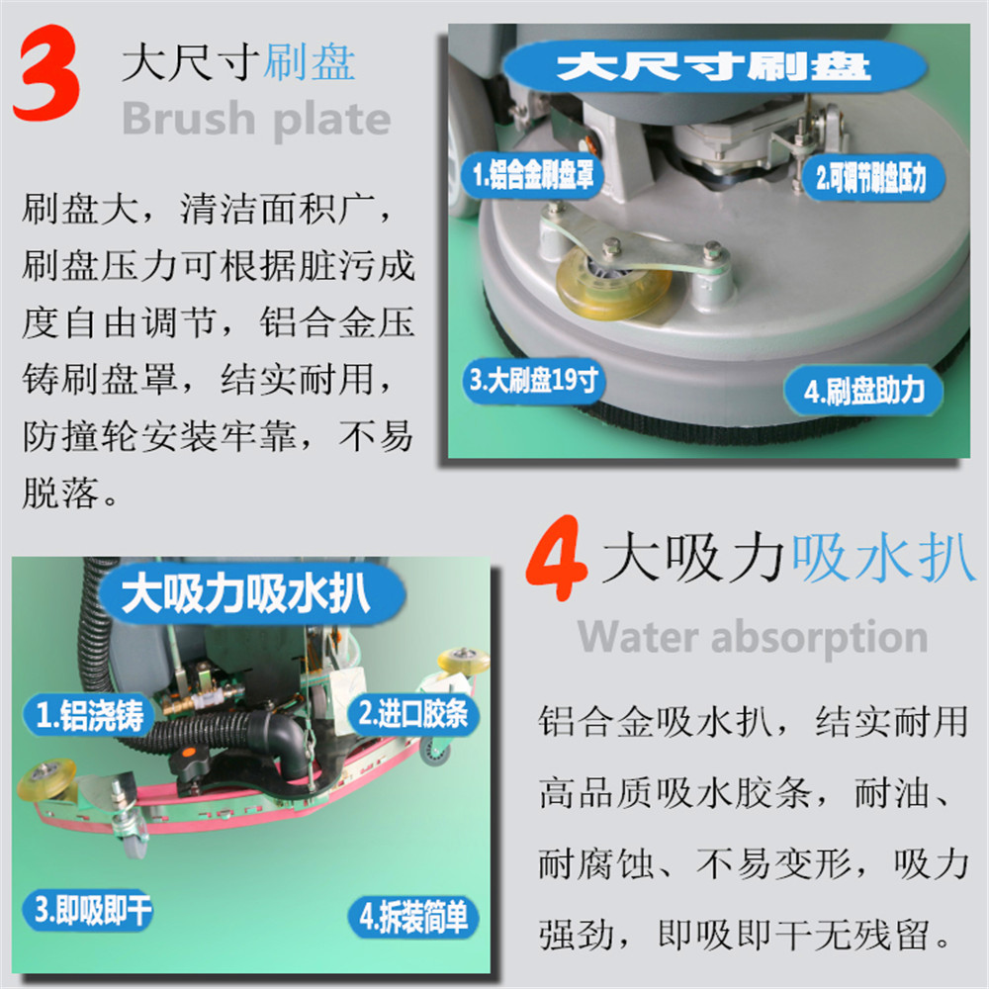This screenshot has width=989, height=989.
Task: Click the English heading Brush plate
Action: pos(256,118)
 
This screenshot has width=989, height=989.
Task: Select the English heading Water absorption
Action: pos(753,637)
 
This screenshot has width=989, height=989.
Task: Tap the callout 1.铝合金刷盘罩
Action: pos(534,174)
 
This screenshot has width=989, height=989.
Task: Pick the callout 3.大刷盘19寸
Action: pos(534,381)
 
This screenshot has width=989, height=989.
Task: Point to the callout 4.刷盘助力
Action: pos(863,391)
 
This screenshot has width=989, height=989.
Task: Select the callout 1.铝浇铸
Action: pos(89,715)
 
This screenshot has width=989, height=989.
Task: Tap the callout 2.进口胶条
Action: pos(413,715)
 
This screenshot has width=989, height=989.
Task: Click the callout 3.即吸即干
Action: pos(88,910)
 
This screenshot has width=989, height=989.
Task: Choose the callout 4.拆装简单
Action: pos(413,917)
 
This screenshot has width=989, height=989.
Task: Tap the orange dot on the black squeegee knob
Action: pos(189,752)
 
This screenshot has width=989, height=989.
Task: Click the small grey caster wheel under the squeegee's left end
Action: pos(134,843)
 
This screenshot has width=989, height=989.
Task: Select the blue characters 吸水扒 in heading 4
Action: pos(883,558)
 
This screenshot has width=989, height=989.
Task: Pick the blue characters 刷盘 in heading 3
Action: pos(309,63)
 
